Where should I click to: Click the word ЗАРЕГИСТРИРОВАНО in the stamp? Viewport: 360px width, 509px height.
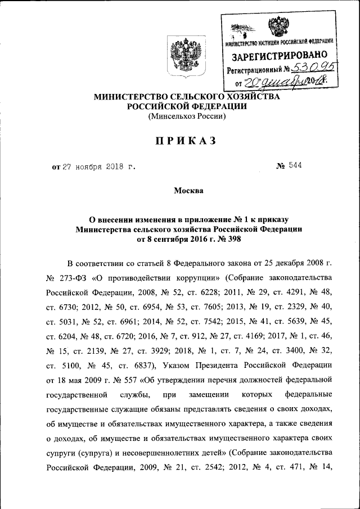(x=278, y=56)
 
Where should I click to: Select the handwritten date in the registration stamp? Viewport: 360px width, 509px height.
(x=284, y=82)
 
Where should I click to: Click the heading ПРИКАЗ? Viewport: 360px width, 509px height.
(x=180, y=142)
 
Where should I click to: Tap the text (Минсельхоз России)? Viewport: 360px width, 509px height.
(x=186, y=117)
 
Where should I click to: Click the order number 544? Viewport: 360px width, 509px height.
(x=295, y=166)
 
